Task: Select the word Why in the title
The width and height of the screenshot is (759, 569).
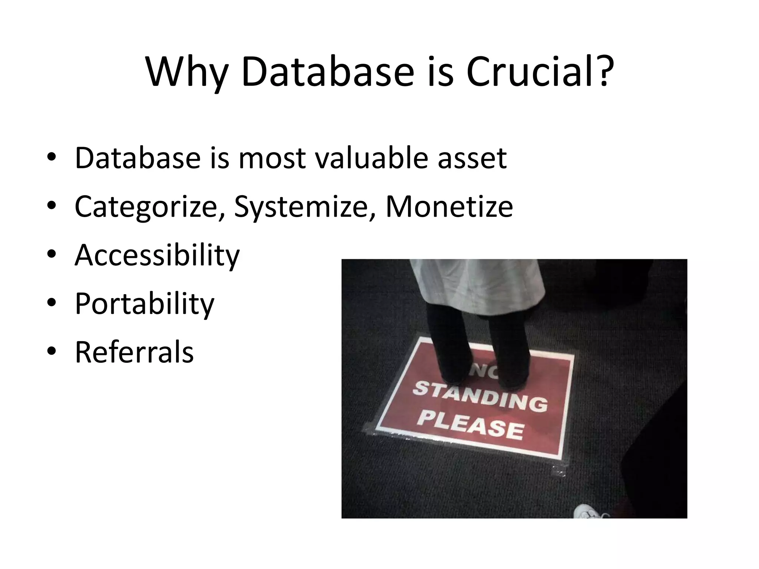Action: click(x=186, y=73)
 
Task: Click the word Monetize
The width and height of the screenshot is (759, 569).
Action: click(x=449, y=206)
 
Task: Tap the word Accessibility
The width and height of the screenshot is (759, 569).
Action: click(x=157, y=256)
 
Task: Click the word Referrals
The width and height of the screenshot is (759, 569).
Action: click(x=134, y=352)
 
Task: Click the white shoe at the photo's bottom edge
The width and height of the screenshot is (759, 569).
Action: click(x=590, y=512)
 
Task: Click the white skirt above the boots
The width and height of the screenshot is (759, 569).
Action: click(x=478, y=285)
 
